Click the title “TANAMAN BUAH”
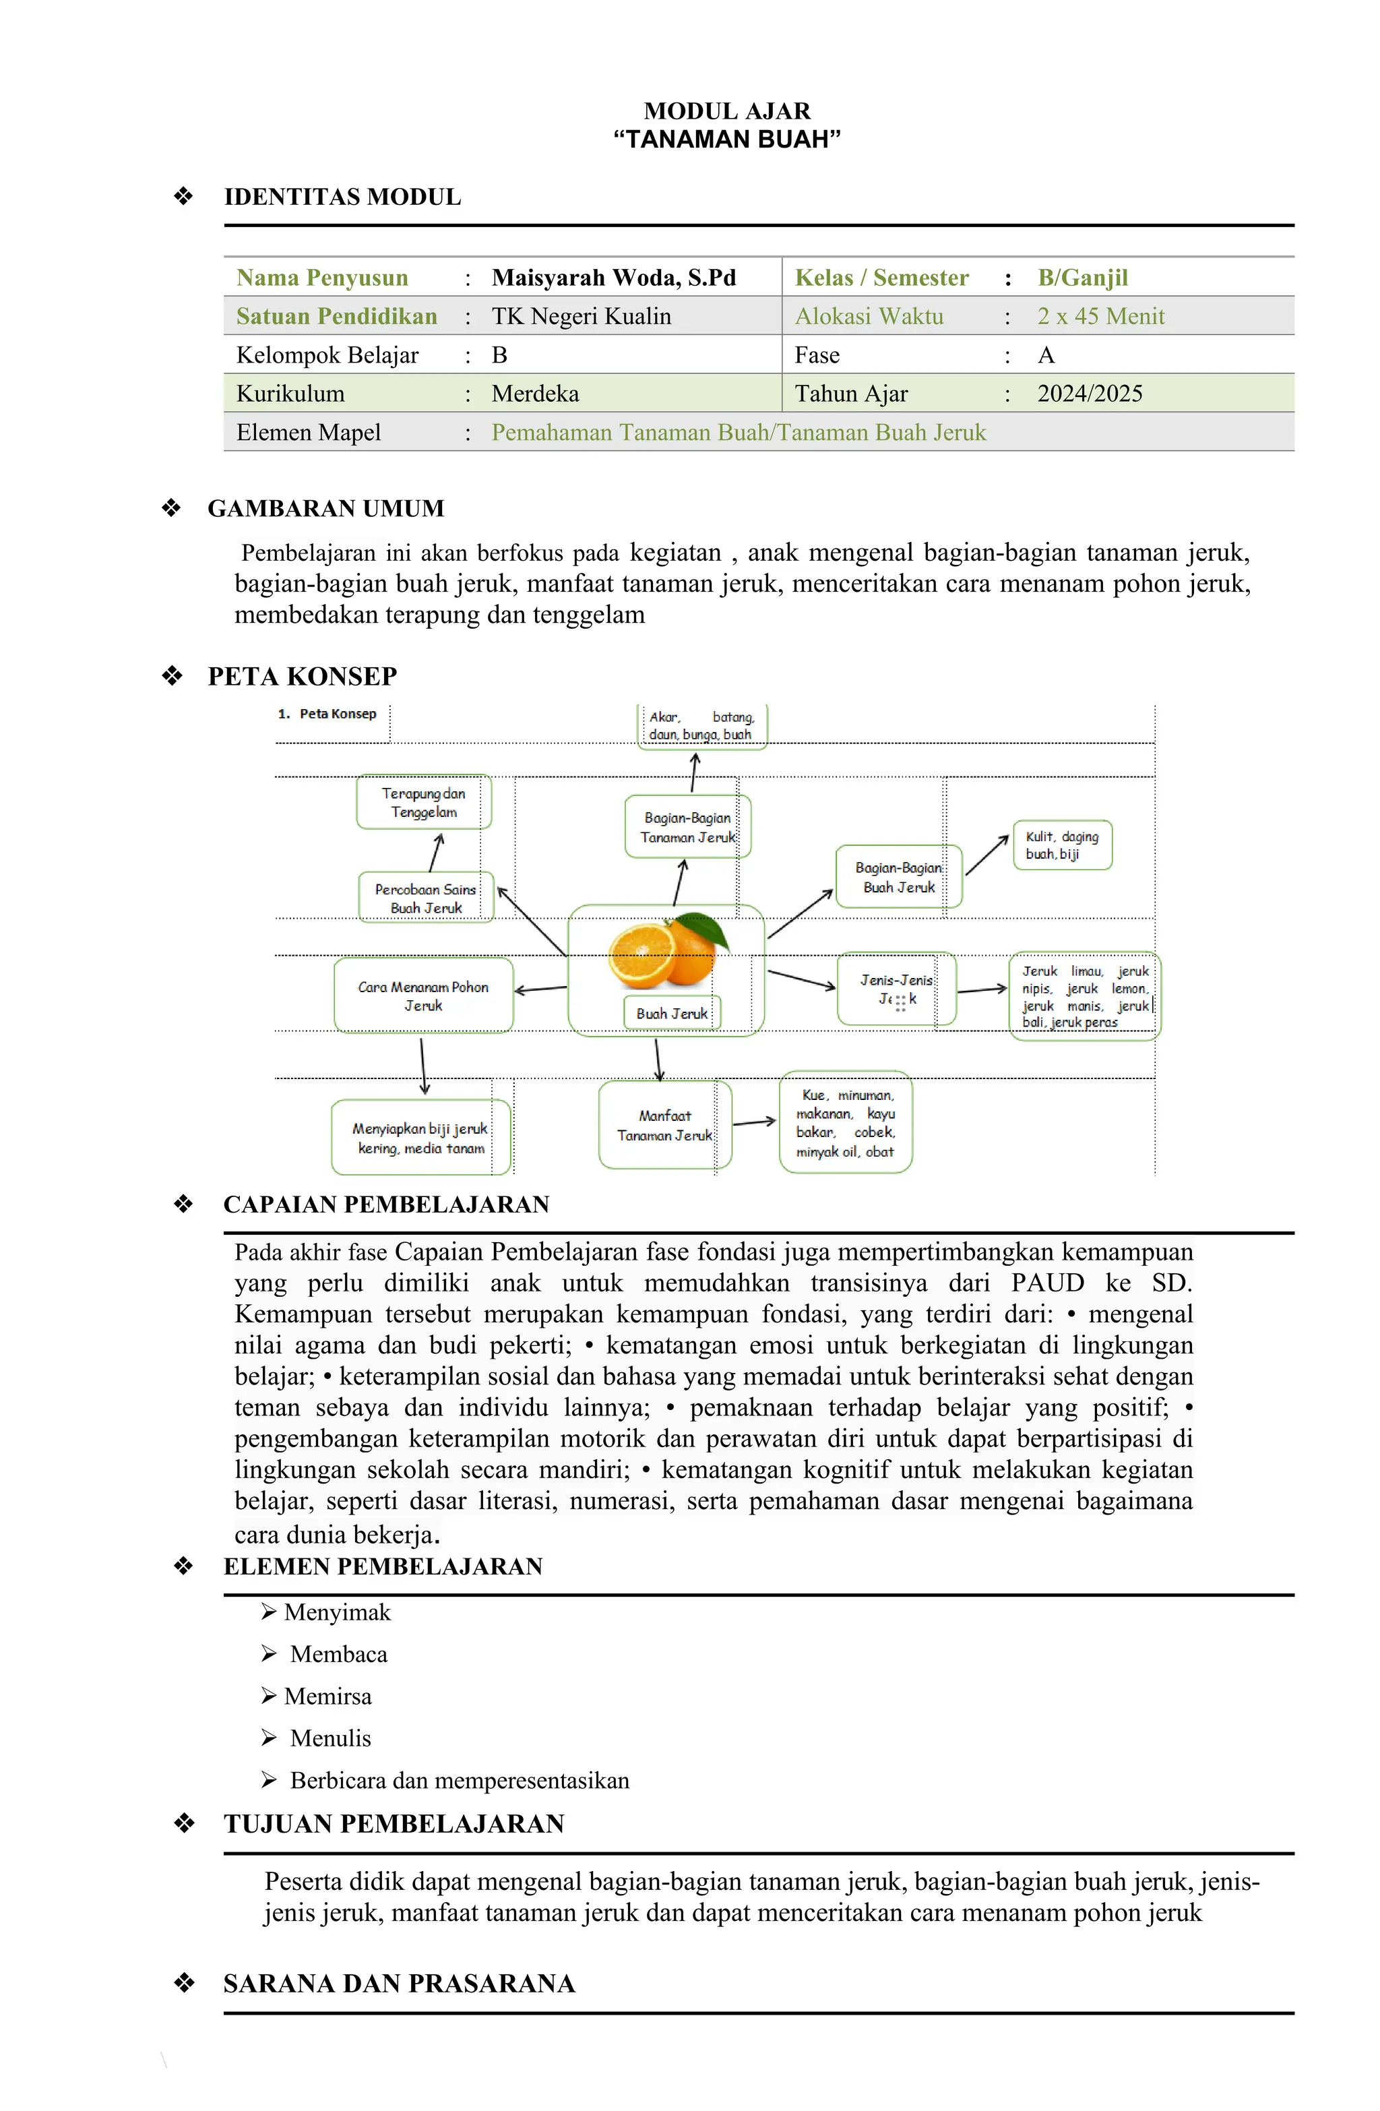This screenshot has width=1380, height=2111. click(x=726, y=140)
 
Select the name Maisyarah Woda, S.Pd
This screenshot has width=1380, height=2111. click(x=614, y=278)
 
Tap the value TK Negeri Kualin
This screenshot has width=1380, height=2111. click(x=581, y=317)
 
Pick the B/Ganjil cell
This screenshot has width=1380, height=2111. click(x=1082, y=278)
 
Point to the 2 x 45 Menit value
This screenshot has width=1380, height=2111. click(x=1100, y=317)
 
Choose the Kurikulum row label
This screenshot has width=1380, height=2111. click(x=290, y=394)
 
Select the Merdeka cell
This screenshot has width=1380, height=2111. click(x=535, y=394)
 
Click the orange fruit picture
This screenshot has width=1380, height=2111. click(x=667, y=951)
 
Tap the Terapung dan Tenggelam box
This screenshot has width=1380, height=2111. click(x=424, y=802)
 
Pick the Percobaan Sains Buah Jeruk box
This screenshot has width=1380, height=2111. click(x=426, y=898)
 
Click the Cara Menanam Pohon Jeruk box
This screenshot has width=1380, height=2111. click(x=423, y=996)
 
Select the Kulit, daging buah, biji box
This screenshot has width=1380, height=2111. click(x=1061, y=845)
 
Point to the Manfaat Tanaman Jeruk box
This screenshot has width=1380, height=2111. click(x=664, y=1125)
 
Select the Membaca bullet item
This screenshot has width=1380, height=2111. click(x=338, y=1654)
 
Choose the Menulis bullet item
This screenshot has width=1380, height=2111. click(x=330, y=1738)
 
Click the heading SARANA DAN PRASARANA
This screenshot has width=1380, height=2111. click(x=399, y=1984)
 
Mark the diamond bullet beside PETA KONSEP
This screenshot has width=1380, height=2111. click(x=172, y=676)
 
